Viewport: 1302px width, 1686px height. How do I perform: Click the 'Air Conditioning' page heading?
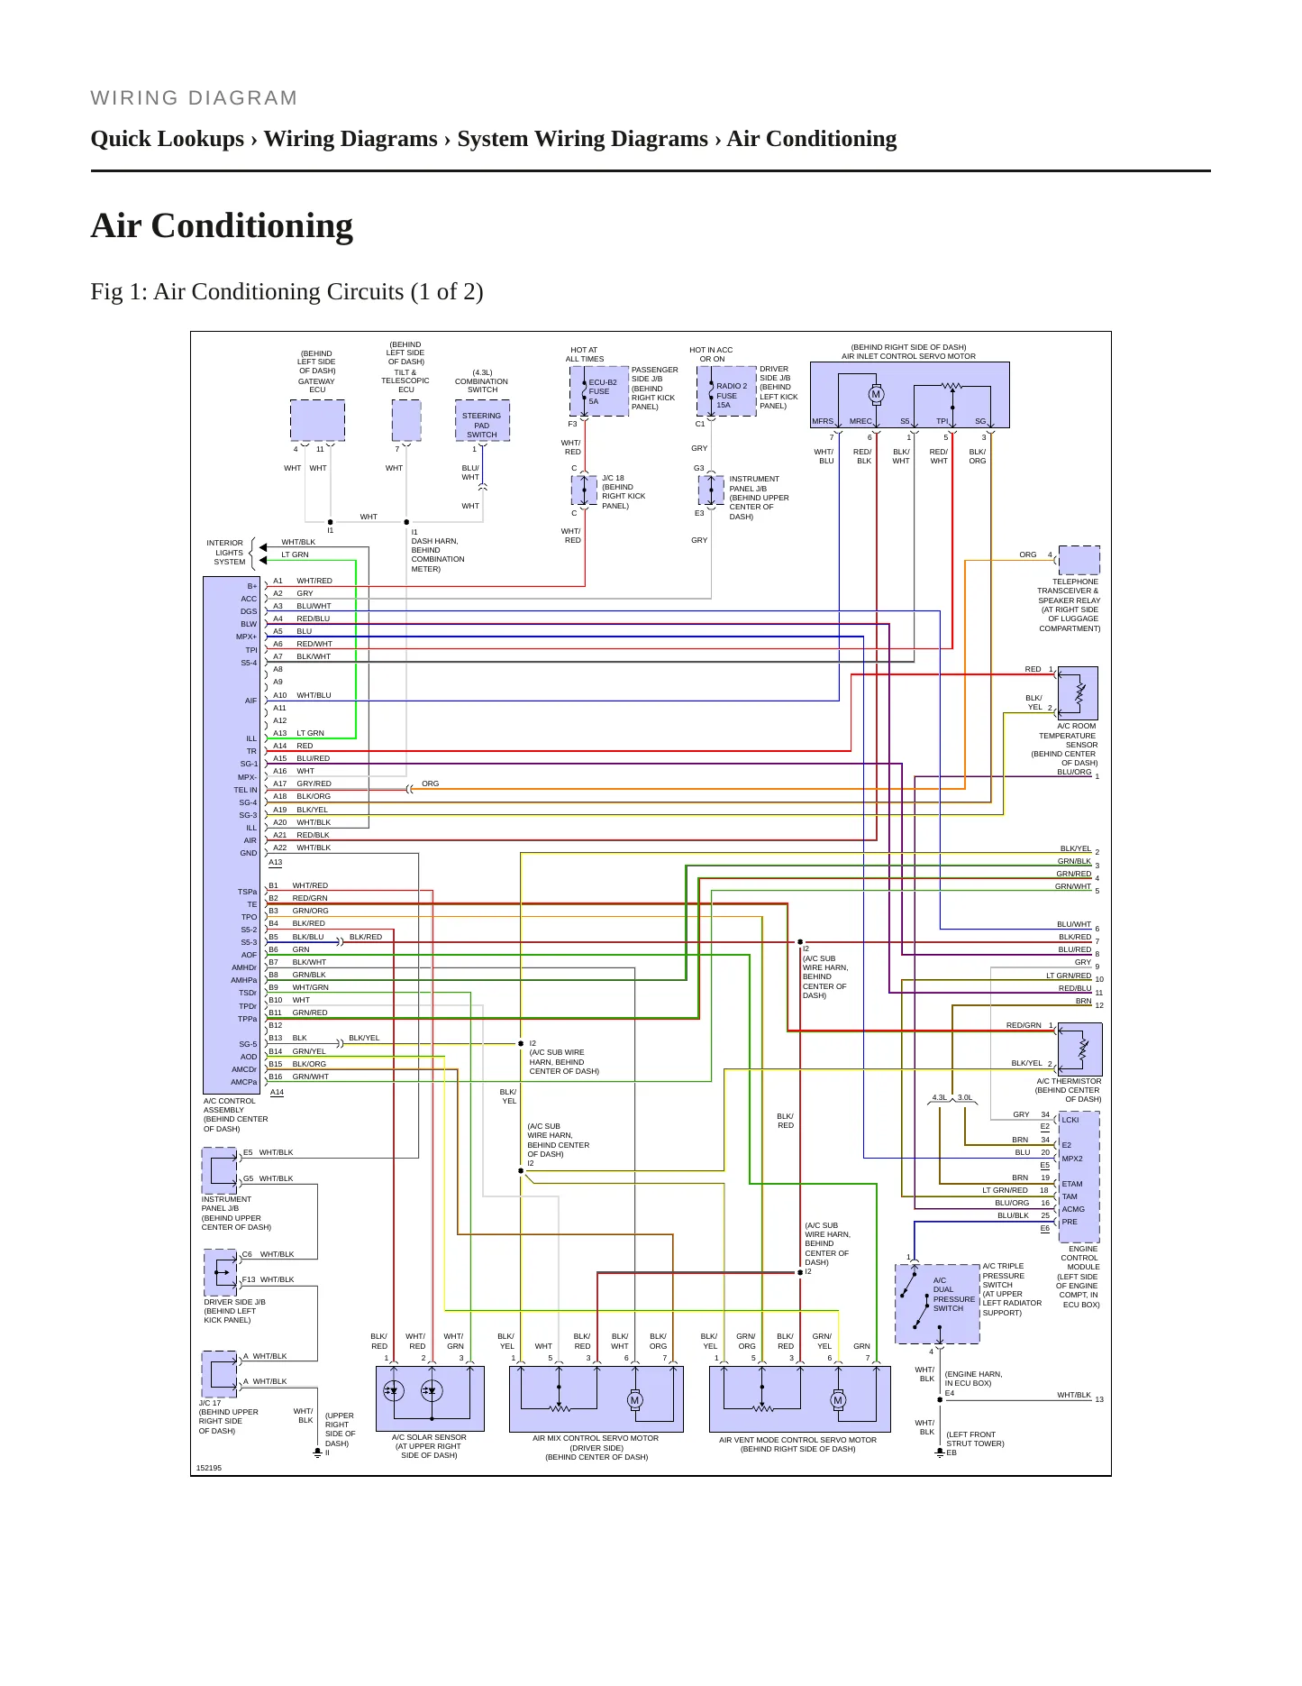click(222, 226)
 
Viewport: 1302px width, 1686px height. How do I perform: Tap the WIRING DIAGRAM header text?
click(194, 98)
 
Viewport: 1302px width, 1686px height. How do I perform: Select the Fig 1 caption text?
click(287, 292)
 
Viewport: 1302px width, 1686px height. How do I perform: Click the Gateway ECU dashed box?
click(317, 421)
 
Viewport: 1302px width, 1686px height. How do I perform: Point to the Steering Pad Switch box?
click(482, 421)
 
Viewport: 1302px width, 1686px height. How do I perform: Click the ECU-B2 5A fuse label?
click(602, 391)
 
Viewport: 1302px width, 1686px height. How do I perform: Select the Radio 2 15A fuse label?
click(731, 395)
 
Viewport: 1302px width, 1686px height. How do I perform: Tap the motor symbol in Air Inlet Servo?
click(876, 394)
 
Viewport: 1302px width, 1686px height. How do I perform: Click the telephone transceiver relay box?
click(1079, 560)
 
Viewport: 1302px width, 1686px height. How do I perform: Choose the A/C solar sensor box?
click(430, 1398)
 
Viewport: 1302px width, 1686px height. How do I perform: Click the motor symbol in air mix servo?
click(634, 1400)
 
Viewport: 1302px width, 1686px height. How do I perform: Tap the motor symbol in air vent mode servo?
click(838, 1400)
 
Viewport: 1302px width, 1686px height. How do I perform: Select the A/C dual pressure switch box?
click(937, 1304)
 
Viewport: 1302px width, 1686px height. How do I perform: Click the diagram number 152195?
click(209, 1468)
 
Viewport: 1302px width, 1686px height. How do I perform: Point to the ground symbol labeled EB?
click(939, 1452)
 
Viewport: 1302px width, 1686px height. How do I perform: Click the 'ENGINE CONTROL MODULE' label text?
click(1079, 1258)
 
